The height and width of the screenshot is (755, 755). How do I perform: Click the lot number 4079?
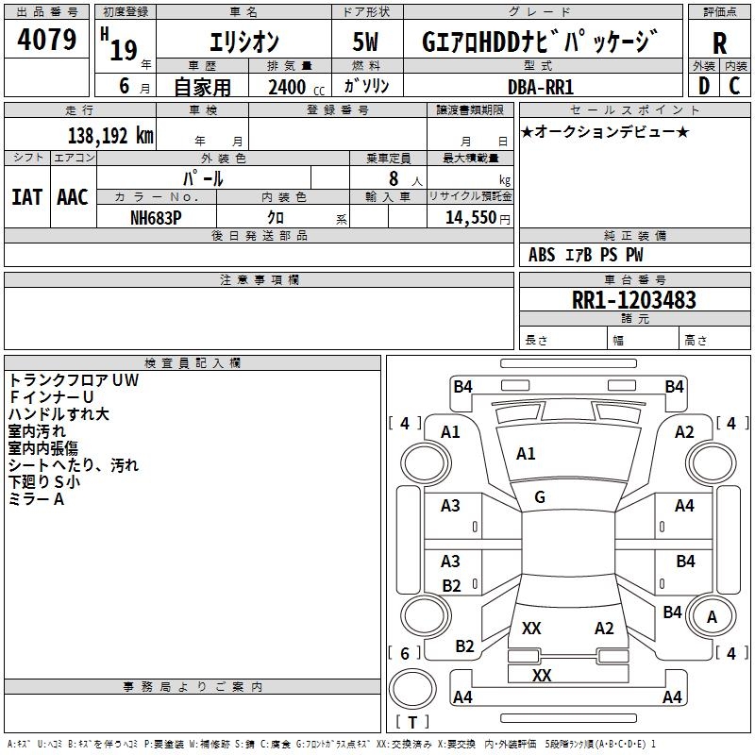(47, 42)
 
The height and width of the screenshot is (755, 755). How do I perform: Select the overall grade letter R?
(719, 43)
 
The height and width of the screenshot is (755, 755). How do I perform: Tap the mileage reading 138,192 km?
(110, 135)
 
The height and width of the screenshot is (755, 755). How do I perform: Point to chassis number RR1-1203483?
(634, 300)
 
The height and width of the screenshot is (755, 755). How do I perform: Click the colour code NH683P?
(157, 216)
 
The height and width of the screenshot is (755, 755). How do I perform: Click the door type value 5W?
(367, 43)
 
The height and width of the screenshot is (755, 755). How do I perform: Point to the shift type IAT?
(26, 196)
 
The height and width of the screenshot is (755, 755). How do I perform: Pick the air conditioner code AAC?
(73, 196)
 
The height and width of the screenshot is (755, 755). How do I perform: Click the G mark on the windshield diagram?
(539, 497)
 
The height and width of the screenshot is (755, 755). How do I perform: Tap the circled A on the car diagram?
(713, 618)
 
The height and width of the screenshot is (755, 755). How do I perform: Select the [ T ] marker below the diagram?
(411, 722)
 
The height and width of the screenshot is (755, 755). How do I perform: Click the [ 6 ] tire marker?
(405, 653)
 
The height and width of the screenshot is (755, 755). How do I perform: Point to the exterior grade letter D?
(703, 86)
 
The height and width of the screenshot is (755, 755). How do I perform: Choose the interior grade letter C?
(734, 86)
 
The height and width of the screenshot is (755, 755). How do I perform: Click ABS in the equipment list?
(542, 255)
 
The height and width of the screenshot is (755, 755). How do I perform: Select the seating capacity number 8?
(393, 177)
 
